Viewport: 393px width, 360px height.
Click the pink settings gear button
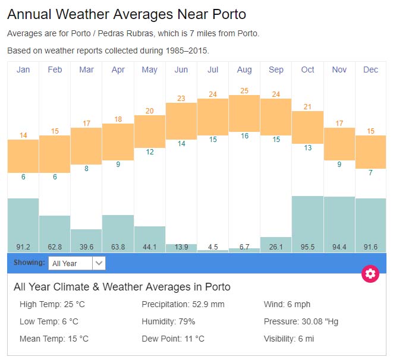coord(370,274)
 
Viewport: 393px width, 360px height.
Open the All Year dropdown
coord(77,263)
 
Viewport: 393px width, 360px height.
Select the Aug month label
coord(244,70)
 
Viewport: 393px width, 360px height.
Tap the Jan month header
coord(23,70)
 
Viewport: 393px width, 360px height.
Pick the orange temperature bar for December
coord(370,151)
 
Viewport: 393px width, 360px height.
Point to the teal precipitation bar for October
coord(307,220)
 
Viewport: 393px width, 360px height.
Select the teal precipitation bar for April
coord(118,229)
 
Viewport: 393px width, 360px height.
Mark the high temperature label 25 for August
coord(244,91)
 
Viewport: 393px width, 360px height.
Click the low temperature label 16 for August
coord(244,136)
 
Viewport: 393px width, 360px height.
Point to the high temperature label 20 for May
coord(150,111)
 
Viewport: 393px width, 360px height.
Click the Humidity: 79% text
coord(168,321)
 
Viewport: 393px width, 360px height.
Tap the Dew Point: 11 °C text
coord(172,339)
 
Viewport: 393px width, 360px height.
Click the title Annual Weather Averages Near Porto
coord(127,14)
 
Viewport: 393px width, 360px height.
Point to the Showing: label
coord(29,262)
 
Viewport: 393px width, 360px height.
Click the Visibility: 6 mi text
coord(288,339)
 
